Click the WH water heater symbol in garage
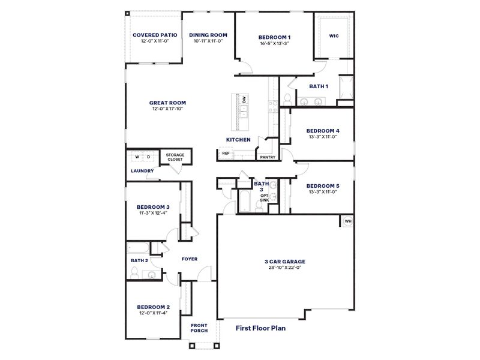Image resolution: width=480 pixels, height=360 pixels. [347, 221]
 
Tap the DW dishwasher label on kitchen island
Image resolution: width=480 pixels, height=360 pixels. [244, 100]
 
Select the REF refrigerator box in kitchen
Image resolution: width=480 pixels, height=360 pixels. [226, 154]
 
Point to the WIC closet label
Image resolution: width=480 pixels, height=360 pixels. [334, 35]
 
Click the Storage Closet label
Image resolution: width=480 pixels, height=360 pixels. [175, 157]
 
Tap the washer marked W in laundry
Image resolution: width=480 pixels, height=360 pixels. [137, 157]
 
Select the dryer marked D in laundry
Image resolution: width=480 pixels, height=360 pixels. [148, 157]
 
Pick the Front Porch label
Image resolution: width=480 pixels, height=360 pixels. [199, 329]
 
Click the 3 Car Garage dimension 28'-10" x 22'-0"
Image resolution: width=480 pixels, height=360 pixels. [285, 268]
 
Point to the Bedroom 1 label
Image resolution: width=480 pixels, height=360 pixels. [274, 37]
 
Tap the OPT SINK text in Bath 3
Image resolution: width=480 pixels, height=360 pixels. [264, 198]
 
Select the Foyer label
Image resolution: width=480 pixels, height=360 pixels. [189, 259]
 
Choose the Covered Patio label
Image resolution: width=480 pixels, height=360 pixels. [155, 35]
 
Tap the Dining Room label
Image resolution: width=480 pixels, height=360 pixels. [208, 35]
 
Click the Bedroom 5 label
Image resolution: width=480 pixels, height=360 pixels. [323, 185]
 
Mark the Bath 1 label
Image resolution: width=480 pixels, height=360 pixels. [319, 86]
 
